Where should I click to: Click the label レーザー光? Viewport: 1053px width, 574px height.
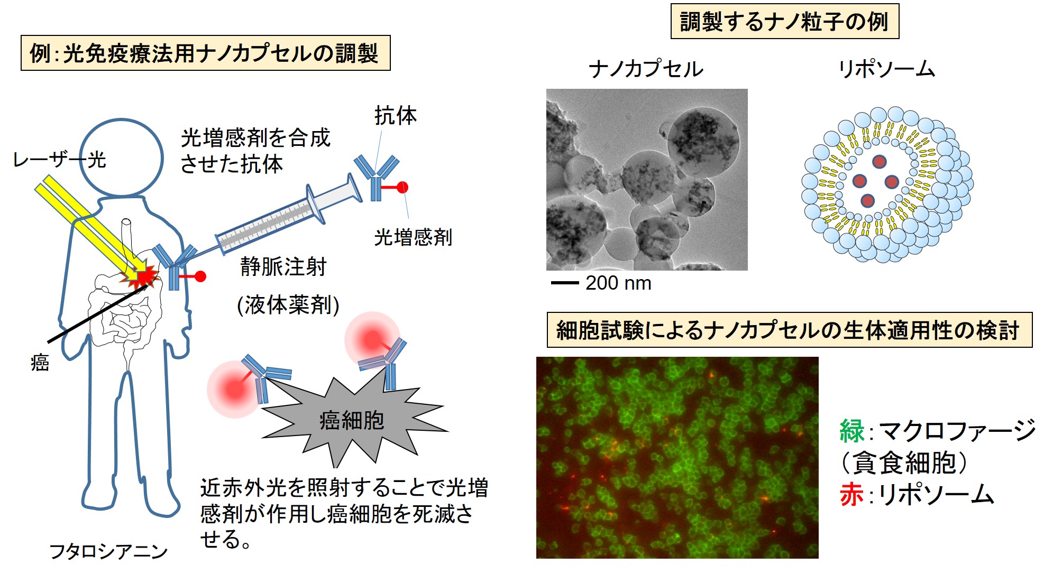pos(59,159)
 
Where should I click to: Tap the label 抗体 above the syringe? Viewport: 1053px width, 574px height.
pos(396,115)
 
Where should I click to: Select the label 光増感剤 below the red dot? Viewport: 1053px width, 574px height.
pos(413,237)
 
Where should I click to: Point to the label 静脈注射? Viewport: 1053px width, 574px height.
pos(283,266)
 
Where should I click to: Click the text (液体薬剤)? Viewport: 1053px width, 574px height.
pos(288,305)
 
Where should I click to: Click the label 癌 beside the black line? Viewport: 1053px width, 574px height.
pos(40,363)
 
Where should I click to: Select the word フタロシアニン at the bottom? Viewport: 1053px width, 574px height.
pos(108,552)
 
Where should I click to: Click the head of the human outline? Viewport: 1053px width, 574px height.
pos(121,158)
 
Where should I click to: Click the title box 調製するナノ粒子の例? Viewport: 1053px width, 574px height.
pos(785,21)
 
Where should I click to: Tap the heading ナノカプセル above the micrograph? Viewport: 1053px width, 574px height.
pos(646,69)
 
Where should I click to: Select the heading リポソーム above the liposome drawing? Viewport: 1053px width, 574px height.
pos(887,69)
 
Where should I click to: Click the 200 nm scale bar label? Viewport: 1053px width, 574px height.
pos(618,283)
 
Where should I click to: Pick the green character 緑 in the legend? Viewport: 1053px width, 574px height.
pos(852,431)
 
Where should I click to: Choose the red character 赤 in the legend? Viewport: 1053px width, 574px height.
pos(852,495)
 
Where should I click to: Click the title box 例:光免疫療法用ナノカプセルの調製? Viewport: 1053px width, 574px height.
pos(205,53)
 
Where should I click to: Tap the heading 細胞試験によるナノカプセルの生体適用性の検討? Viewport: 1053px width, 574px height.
pos(789,330)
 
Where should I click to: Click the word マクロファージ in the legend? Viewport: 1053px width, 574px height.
pos(957,431)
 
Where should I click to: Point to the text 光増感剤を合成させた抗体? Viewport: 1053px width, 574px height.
pos(255,151)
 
